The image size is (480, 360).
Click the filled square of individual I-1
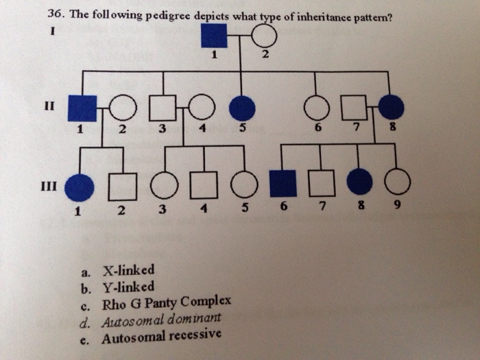click(214, 36)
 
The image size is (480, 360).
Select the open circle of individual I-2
click(263, 36)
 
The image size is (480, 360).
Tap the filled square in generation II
click(82, 107)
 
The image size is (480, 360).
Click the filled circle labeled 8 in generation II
click(392, 107)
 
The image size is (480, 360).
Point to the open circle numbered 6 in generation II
click(316, 108)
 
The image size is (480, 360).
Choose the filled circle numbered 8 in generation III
click(359, 182)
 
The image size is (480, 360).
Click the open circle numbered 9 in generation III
click(398, 182)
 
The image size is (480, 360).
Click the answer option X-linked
click(128, 269)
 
